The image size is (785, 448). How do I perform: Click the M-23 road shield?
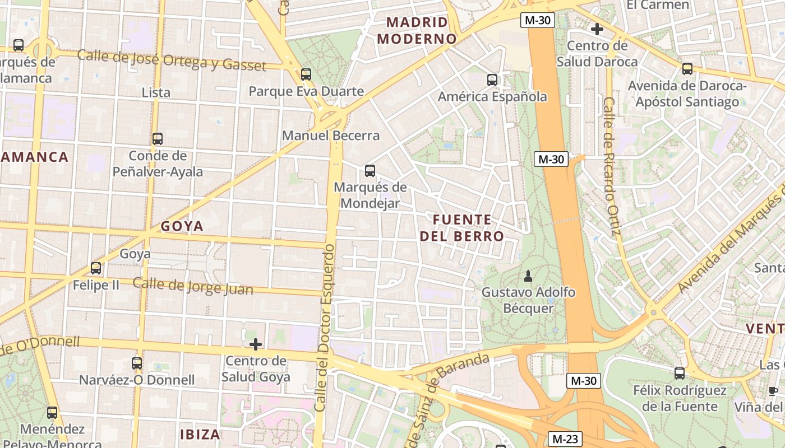(565, 439)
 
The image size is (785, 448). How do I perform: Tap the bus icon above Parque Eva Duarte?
(306, 74)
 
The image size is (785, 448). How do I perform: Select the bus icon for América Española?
(492, 80)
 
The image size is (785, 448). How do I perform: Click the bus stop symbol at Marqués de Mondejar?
(370, 171)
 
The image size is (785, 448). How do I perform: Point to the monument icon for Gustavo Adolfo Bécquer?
(528, 276)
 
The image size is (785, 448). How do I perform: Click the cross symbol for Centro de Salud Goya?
(256, 344)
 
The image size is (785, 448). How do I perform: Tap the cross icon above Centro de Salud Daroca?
(597, 29)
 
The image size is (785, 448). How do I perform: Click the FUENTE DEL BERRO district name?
(463, 228)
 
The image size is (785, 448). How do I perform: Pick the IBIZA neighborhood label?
(200, 434)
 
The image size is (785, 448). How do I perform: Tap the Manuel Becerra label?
(331, 136)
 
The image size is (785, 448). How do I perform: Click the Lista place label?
(156, 92)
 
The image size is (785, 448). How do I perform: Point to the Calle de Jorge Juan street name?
(193, 286)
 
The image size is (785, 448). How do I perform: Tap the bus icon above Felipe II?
(96, 268)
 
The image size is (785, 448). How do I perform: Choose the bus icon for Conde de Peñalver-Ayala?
(158, 138)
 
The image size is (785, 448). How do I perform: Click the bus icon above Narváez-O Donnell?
(137, 363)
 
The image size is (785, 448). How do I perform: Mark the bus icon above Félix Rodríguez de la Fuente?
(680, 373)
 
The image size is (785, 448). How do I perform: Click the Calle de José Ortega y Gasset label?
(172, 60)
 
